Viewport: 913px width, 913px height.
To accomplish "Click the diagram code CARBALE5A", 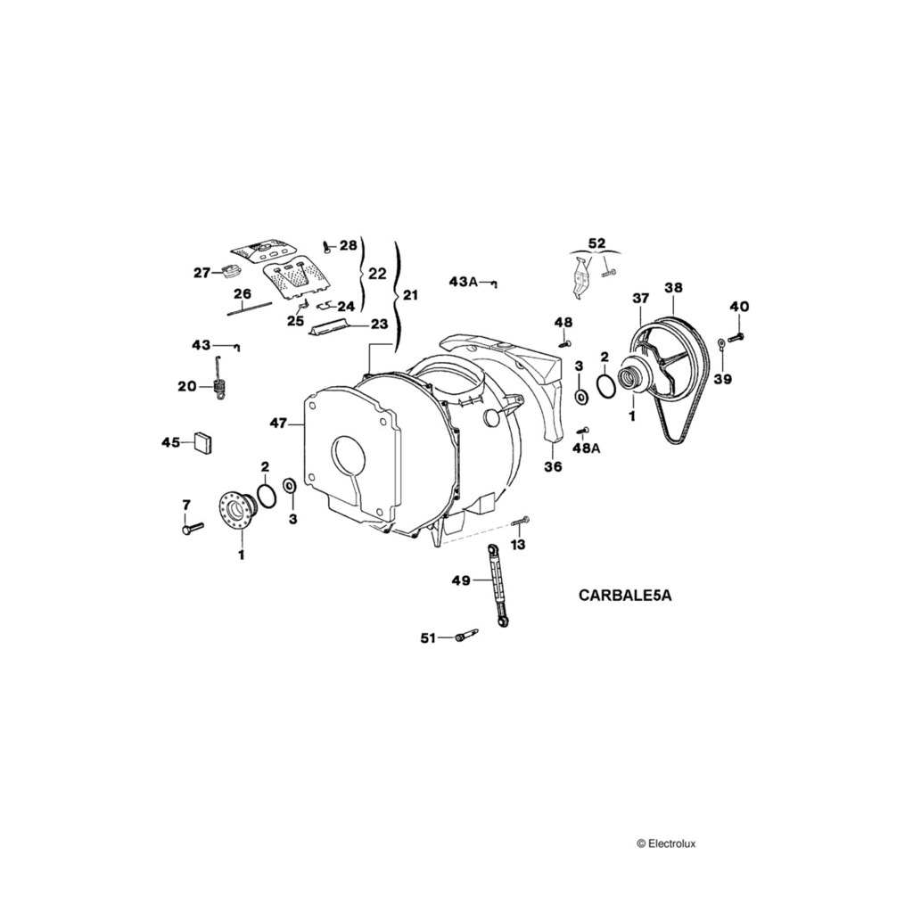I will click(624, 596).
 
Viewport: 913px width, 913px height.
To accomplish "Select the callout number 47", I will click(280, 424).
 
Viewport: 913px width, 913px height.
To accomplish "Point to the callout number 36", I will click(553, 466).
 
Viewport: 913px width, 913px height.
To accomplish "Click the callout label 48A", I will click(586, 448).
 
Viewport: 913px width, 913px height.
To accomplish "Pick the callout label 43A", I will click(464, 282).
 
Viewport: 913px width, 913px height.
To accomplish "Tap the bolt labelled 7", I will click(192, 528).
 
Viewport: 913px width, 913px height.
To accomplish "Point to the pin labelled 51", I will click(465, 635).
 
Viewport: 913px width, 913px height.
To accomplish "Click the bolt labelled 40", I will click(736, 337).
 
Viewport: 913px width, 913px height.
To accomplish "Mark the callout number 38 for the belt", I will click(673, 288).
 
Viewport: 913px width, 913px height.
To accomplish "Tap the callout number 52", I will click(596, 243).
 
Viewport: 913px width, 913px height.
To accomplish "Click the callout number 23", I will click(380, 325).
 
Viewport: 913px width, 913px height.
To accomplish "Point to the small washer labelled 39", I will click(720, 346).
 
